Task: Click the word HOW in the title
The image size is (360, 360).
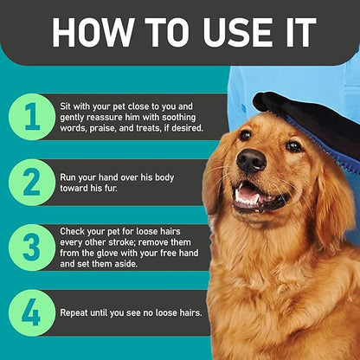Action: point(92,32)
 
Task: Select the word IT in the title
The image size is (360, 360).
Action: point(300,32)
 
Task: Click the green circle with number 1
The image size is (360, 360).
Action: point(32,117)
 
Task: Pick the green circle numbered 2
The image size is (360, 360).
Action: point(32,183)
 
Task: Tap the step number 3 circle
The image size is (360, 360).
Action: point(32,247)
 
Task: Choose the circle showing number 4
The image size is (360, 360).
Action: point(32,312)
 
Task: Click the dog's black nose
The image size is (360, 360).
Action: point(251,161)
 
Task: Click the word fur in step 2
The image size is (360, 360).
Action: point(112,189)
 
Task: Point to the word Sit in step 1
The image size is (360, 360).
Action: point(66,106)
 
